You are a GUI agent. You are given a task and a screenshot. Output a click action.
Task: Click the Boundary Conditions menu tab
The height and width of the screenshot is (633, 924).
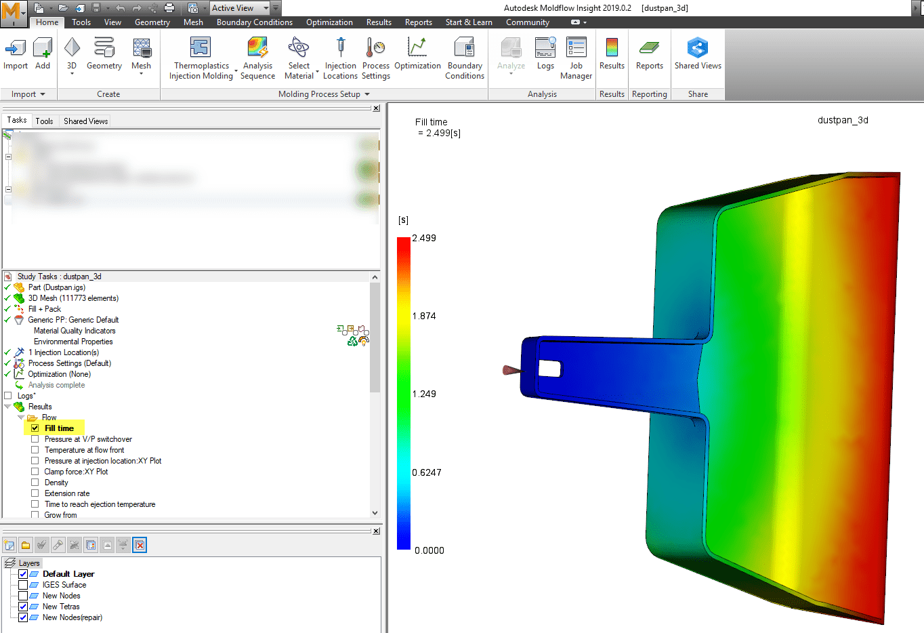coord(254,22)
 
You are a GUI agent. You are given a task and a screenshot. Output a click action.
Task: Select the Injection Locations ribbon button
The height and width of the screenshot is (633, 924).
coord(340,58)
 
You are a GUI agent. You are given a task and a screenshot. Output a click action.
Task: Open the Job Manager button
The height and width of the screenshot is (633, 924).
coord(576,58)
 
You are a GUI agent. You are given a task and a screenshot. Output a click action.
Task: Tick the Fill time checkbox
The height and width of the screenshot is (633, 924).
coord(35,428)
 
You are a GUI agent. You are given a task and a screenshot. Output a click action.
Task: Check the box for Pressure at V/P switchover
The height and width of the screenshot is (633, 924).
coord(35,439)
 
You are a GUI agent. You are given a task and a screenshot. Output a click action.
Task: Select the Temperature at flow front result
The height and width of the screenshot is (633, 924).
coord(84,450)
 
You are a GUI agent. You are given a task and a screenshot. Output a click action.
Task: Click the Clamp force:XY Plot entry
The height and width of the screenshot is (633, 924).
coord(76,472)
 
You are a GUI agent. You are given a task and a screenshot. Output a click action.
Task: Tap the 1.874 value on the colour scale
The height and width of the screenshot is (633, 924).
coord(424,316)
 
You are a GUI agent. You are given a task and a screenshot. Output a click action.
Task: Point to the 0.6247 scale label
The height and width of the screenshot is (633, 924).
coord(427,472)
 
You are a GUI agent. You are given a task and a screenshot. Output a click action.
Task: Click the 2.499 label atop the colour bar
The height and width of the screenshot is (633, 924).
coord(424,239)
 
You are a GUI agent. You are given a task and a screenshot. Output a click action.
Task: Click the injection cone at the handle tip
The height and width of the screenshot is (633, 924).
coord(511,369)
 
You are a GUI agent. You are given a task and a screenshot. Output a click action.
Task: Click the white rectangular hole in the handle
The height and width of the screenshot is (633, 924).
coord(549,369)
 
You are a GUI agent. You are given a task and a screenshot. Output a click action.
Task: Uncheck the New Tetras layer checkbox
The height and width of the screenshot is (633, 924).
coord(23,607)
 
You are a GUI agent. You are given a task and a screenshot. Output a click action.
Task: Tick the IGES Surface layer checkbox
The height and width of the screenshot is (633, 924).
coord(23,585)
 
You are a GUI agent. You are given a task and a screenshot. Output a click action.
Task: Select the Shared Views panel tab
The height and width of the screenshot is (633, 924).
coord(85,121)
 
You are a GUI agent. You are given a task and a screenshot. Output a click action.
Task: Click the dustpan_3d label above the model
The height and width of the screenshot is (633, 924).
coord(843,121)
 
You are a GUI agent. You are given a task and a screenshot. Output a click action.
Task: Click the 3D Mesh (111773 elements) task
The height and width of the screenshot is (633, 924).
coord(73,298)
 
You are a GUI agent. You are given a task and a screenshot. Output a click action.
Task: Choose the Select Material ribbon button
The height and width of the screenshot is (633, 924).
coord(299,58)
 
